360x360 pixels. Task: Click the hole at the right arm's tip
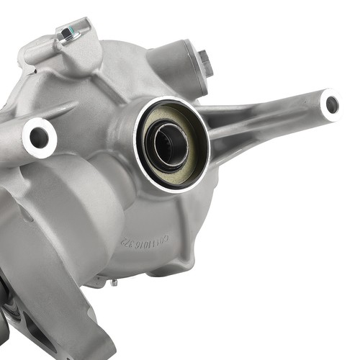pyautogui.click(x=331, y=104)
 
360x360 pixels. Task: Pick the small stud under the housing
pyautogui.click(x=113, y=282)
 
